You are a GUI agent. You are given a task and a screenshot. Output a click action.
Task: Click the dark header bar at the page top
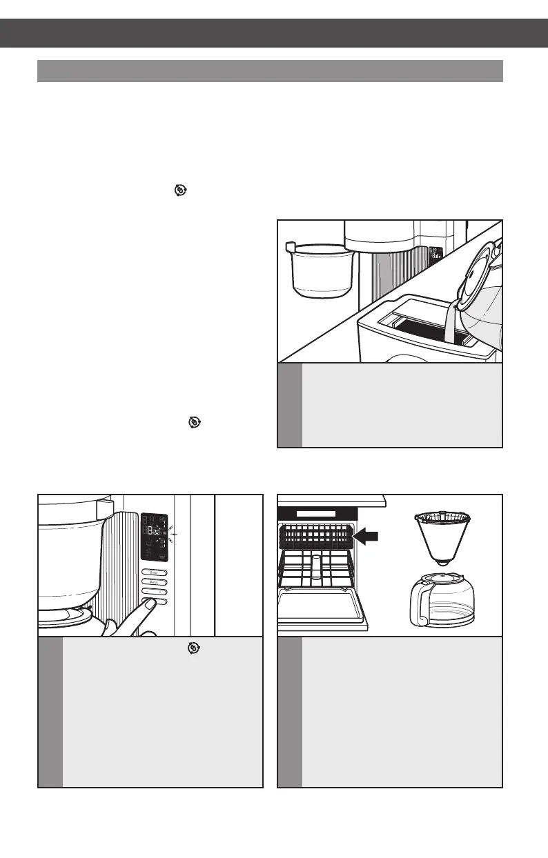tap(274, 32)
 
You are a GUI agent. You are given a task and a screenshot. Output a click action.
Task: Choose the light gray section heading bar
tap(270, 71)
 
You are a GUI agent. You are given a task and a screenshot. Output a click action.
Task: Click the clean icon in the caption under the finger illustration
tap(195, 648)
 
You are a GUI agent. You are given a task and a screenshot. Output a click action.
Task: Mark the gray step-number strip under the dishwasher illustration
tap(289, 712)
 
